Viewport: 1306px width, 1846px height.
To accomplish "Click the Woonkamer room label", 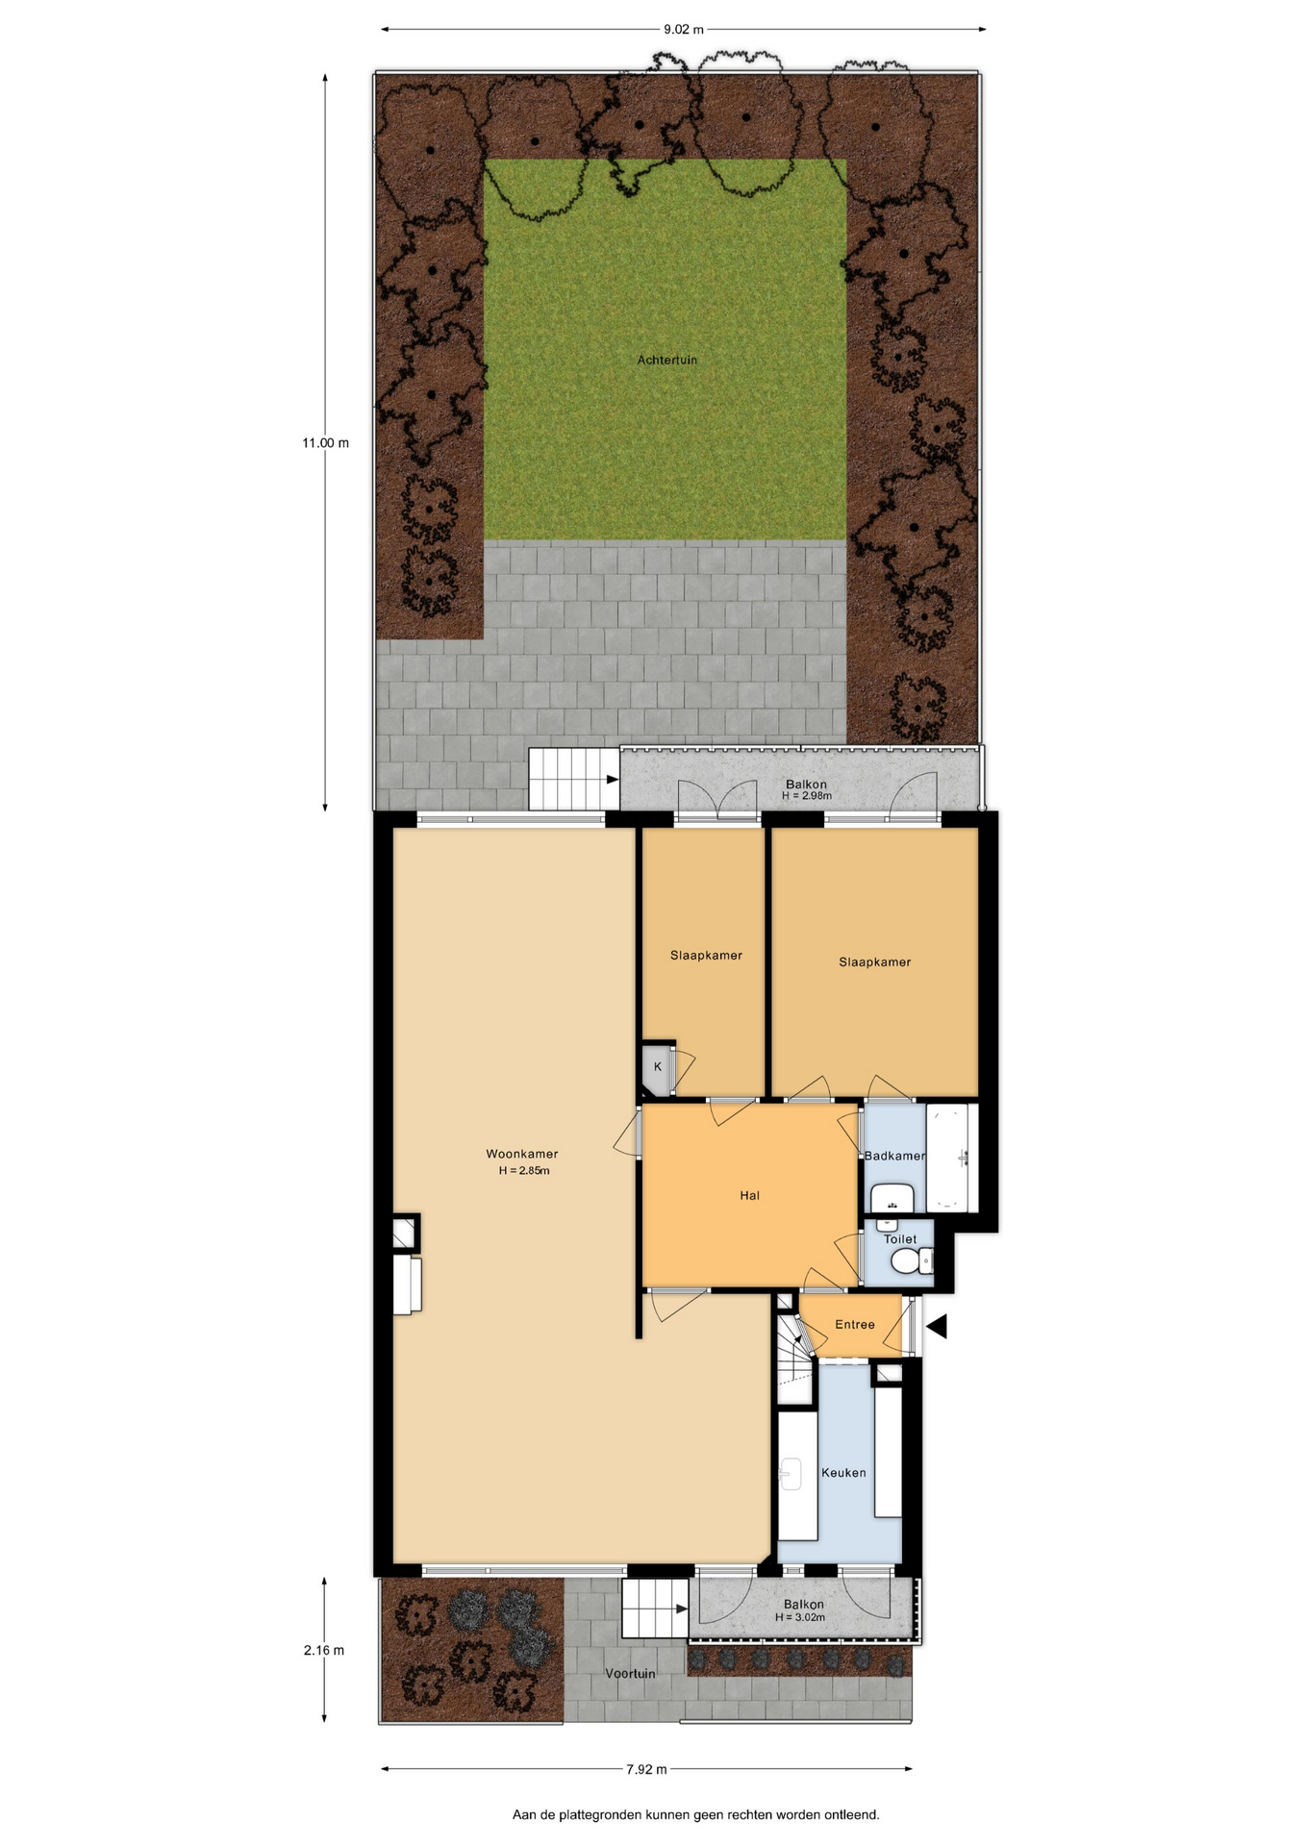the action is pyautogui.click(x=521, y=1154).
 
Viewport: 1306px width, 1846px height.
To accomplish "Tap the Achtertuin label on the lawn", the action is pyautogui.click(x=667, y=360).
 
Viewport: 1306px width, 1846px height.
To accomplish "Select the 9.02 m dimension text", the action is pyautogui.click(x=684, y=29).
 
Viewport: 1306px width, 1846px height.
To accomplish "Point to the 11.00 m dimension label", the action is pyautogui.click(x=325, y=443).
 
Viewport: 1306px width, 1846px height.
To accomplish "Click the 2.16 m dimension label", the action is pyautogui.click(x=324, y=1650).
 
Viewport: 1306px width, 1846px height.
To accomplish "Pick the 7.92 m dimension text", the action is pyautogui.click(x=646, y=1768).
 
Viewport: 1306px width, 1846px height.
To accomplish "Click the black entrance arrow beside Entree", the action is pyautogui.click(x=937, y=1326).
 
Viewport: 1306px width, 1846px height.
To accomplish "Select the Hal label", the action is pyautogui.click(x=750, y=1195).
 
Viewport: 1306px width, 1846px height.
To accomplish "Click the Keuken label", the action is pyautogui.click(x=843, y=1472).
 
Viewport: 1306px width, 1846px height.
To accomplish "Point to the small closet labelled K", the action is pyautogui.click(x=658, y=1067).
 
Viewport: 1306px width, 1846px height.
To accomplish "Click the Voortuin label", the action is pyautogui.click(x=630, y=1673).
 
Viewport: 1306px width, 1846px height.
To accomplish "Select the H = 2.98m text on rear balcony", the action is pyautogui.click(x=807, y=796).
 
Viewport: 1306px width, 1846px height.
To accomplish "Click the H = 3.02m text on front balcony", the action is pyautogui.click(x=800, y=1617).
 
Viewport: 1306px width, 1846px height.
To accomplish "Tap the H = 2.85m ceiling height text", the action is pyautogui.click(x=524, y=1170).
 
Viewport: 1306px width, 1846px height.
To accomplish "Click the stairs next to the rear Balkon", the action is pyautogui.click(x=574, y=779).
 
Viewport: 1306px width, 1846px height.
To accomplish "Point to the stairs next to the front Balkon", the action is pyautogui.click(x=655, y=1609).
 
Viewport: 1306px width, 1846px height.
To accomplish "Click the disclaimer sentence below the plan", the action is pyautogui.click(x=695, y=1814).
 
